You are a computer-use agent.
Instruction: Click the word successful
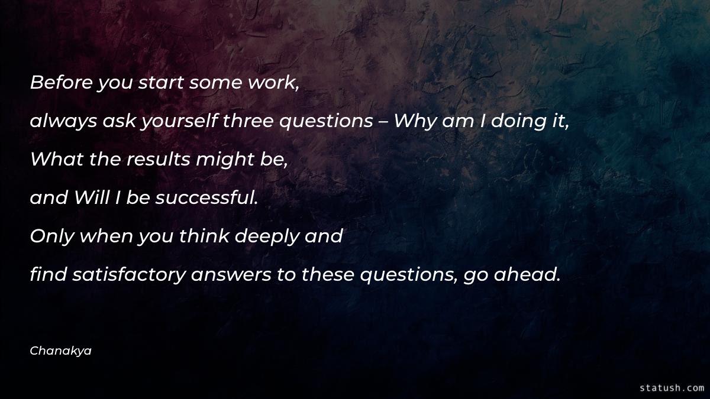(206, 198)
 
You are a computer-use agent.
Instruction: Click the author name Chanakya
(60, 351)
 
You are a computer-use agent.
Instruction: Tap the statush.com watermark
(672, 388)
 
